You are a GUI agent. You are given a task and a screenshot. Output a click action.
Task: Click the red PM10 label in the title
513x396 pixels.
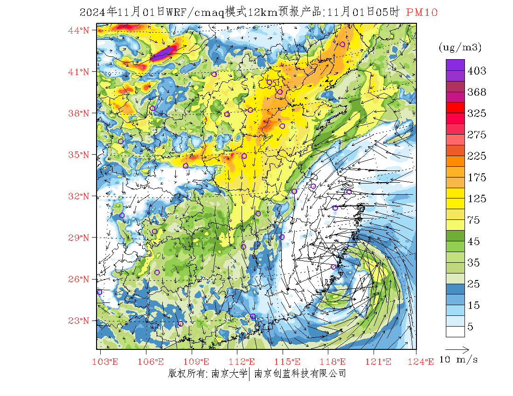click(422, 13)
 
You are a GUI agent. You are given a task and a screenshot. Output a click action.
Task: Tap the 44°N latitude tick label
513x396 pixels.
click(79, 30)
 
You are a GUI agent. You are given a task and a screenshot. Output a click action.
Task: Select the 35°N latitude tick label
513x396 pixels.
click(79, 155)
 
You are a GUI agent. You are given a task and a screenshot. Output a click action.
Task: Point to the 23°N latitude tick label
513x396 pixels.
click(79, 321)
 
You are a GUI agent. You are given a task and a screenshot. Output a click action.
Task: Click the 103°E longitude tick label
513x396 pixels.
click(106, 362)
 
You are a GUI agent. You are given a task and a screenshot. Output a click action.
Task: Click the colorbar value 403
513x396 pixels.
click(477, 71)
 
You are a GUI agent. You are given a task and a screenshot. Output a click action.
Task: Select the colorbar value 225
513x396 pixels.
click(477, 156)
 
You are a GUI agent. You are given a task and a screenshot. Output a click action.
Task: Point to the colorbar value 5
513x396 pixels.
click(471, 327)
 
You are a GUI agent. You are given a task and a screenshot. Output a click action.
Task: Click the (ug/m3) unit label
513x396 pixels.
click(460, 47)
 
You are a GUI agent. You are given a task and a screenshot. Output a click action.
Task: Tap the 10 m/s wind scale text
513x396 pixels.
click(459, 360)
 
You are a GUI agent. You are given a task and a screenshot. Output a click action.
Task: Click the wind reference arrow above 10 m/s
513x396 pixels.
click(457, 348)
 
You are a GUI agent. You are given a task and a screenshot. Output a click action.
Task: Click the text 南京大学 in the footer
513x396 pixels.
click(229, 373)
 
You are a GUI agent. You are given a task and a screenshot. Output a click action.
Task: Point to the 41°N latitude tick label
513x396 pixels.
click(79, 72)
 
